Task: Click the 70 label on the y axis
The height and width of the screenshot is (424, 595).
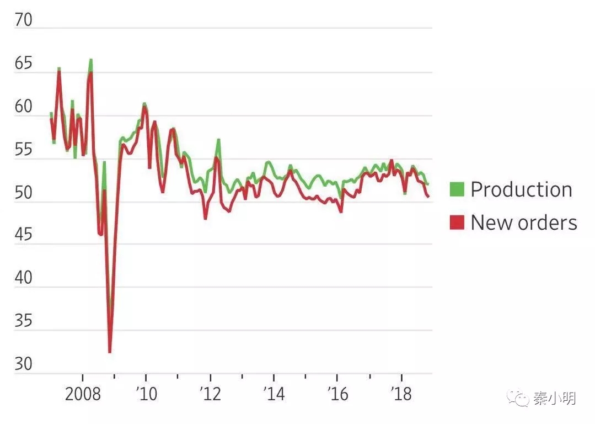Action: coord(24,20)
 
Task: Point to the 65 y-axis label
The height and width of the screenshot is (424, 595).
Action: coord(24,64)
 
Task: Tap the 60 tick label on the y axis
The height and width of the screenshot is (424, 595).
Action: coord(24,107)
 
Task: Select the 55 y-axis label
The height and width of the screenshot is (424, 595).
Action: coord(24,150)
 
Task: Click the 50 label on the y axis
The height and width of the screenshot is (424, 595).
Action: coord(24,193)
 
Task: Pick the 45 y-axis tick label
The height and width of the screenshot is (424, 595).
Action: coord(24,236)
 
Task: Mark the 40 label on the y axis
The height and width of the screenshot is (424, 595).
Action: coord(24,279)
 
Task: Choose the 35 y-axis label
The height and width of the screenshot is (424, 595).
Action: coord(24,321)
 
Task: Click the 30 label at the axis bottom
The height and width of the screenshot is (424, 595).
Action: coord(24,364)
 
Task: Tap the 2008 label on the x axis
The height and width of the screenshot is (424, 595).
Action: coord(83,395)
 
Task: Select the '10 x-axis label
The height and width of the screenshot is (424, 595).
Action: coord(146,395)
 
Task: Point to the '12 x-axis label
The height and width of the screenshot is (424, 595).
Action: coord(210,395)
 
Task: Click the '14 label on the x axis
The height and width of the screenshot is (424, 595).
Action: coord(274,395)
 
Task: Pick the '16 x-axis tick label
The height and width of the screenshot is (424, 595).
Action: coord(337,395)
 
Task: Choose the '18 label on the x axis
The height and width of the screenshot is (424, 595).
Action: coord(401,395)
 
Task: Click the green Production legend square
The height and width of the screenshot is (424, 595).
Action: coord(457,189)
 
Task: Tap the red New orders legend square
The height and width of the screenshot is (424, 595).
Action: coord(457,222)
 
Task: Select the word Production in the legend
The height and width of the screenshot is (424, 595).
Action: coord(521,189)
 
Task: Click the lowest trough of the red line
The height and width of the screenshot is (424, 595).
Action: coord(110,351)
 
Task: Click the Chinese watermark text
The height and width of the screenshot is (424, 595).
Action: coord(554,398)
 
